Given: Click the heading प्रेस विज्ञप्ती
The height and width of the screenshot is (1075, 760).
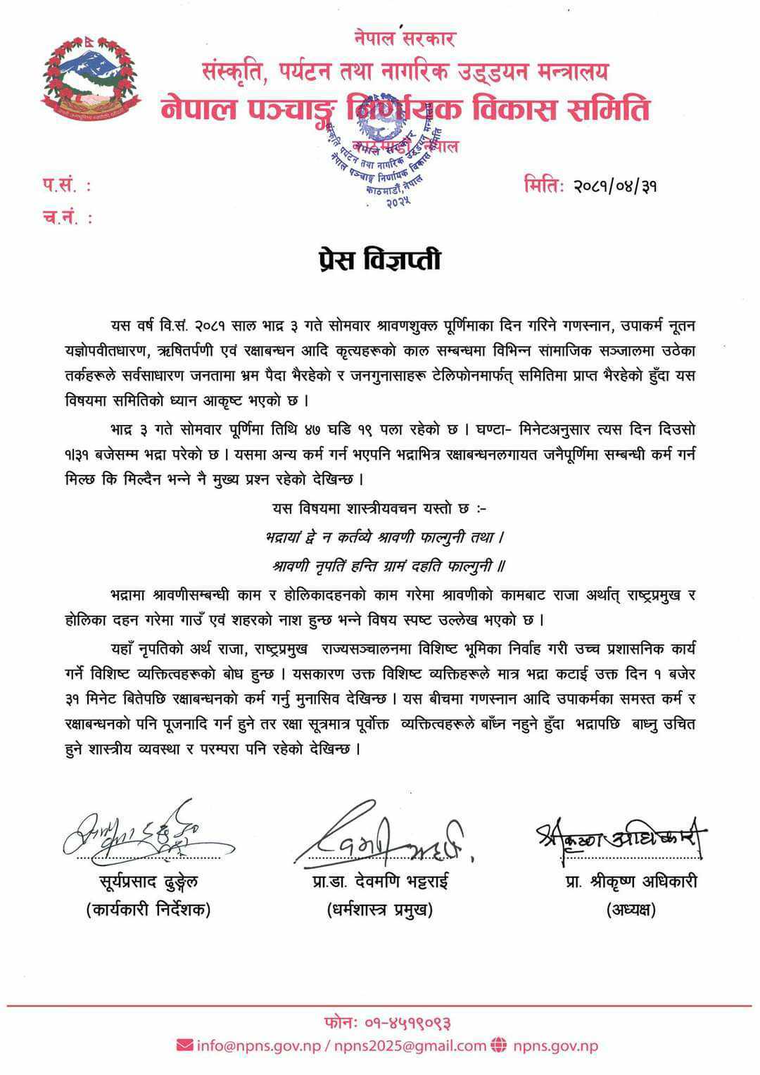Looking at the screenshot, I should click(x=379, y=259).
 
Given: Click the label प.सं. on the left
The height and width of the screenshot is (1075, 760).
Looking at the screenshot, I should click(x=65, y=186).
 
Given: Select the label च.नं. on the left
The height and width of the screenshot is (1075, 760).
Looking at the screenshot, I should click(x=66, y=218).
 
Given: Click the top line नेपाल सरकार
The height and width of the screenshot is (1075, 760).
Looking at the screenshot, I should click(x=405, y=39).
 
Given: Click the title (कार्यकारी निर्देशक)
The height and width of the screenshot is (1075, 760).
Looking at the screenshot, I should click(x=148, y=910).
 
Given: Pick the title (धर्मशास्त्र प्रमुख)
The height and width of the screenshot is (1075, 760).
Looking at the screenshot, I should click(x=380, y=910).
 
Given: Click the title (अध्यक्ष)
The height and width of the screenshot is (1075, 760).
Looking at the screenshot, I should click(x=631, y=910).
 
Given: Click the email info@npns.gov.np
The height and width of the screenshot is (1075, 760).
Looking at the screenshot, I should click(x=258, y=1045).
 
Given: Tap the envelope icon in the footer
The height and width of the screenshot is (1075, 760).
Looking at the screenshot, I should click(x=184, y=1045).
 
